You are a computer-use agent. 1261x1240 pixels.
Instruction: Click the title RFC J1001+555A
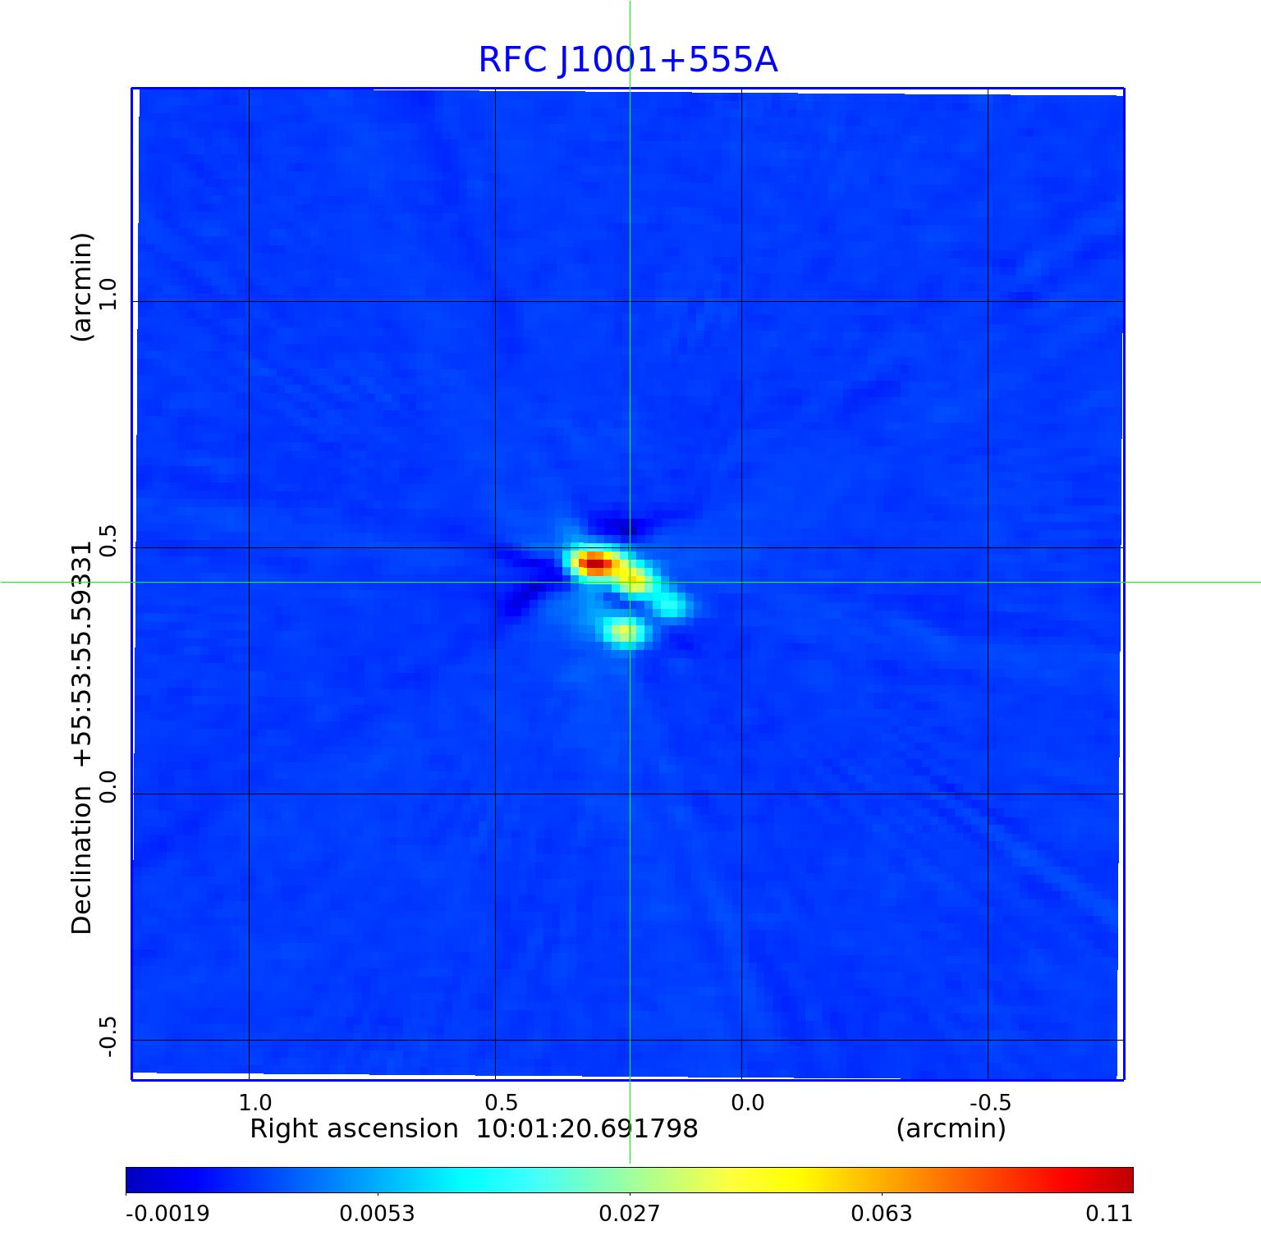click(628, 60)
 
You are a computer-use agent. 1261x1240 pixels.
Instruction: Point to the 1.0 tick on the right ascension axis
click(254, 1102)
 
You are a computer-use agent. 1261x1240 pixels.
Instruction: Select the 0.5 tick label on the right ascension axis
click(501, 1102)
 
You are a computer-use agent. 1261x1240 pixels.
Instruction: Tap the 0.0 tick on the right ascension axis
click(747, 1102)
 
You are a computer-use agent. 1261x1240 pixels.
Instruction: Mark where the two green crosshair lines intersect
click(630, 582)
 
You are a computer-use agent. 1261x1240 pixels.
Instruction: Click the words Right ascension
click(354, 1129)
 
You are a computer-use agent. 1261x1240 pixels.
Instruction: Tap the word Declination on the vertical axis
click(82, 860)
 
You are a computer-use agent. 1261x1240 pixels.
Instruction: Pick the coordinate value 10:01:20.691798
click(587, 1129)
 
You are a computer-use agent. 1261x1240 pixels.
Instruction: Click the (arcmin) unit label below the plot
click(951, 1129)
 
